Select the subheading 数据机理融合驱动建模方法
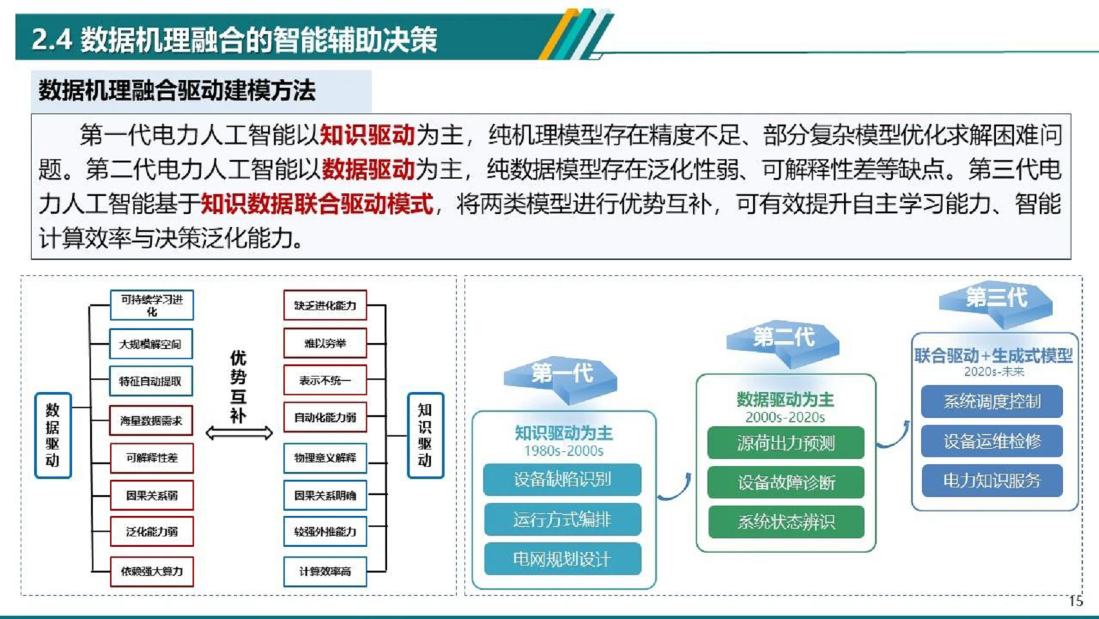pyautogui.click(x=177, y=90)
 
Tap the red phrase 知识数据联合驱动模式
pyautogui.click(x=316, y=204)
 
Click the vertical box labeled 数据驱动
pyautogui.click(x=53, y=435)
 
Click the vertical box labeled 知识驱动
pyautogui.click(x=425, y=435)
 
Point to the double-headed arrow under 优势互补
pyautogui.click(x=239, y=433)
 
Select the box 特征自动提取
pyautogui.click(x=151, y=381)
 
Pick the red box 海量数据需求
pyautogui.click(x=151, y=420)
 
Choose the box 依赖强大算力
pyautogui.click(x=151, y=571)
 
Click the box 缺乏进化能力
pyautogui.click(x=325, y=306)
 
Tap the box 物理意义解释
pyautogui.click(x=325, y=458)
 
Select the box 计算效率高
pyautogui.click(x=325, y=571)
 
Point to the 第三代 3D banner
pyautogui.click(x=995, y=299)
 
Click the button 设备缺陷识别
pyautogui.click(x=562, y=480)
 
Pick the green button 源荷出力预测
pyautogui.click(x=785, y=443)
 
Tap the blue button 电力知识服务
pyautogui.click(x=991, y=480)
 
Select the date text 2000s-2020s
pyautogui.click(x=785, y=417)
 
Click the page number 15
pyautogui.click(x=1075, y=602)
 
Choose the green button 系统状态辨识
pyautogui.click(x=785, y=522)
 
